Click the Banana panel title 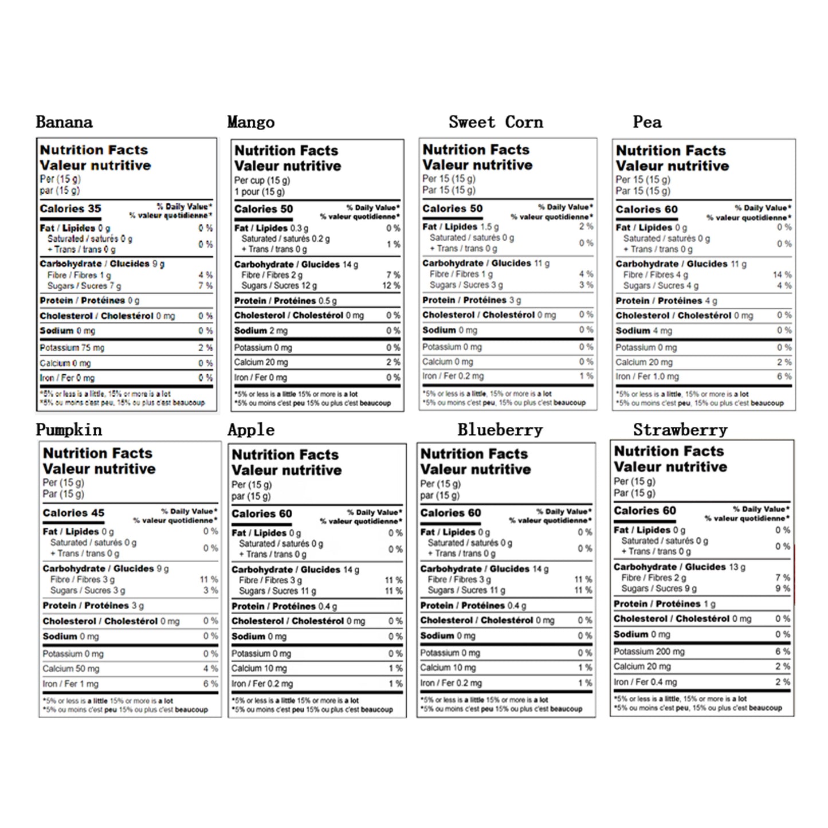tap(64, 122)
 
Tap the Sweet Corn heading tap(496, 122)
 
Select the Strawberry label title tap(680, 430)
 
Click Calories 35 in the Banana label tap(70, 209)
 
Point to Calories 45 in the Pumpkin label tap(74, 513)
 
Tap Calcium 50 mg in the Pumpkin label tap(71, 669)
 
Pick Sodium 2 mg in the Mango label tap(261, 331)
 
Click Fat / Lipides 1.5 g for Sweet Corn tap(461, 227)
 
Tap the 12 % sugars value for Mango tap(391, 285)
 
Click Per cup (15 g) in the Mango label tap(262, 180)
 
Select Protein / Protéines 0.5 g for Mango tap(285, 301)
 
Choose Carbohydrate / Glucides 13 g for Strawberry tap(680, 567)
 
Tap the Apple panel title tap(251, 430)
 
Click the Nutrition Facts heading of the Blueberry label tap(474, 454)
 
